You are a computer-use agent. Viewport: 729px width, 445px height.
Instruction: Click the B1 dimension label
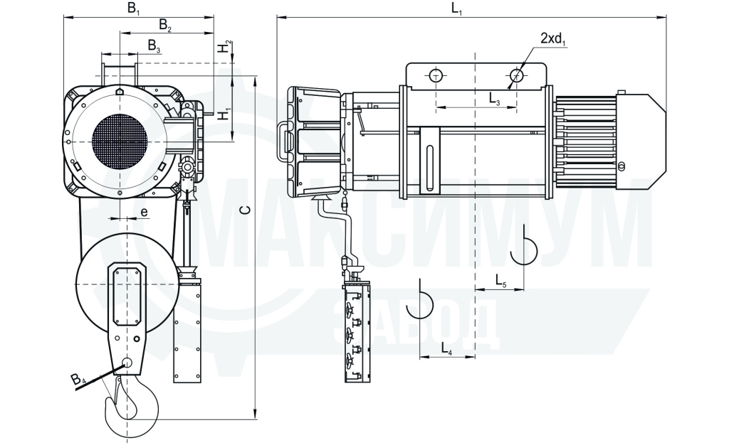(133, 9)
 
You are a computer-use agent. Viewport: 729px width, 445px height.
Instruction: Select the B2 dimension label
(165, 26)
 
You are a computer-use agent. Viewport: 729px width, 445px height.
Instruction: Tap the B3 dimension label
(154, 46)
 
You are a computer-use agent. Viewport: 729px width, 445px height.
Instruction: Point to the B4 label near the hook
(78, 379)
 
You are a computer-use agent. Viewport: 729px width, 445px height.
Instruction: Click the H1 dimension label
(224, 114)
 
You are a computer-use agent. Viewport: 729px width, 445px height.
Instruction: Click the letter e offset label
(144, 213)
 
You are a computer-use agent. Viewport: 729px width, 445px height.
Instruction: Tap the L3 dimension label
(494, 98)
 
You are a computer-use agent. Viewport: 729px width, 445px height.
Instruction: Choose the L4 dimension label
(446, 348)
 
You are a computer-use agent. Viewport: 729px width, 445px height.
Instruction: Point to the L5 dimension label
(500, 280)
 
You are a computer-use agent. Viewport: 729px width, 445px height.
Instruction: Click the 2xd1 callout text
(553, 39)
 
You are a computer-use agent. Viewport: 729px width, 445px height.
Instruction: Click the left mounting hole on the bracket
(436, 75)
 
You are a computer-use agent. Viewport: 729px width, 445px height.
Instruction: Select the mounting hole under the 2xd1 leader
(517, 75)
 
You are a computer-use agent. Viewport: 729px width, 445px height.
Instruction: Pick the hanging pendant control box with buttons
(357, 332)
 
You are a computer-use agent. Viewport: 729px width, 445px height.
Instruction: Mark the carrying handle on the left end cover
(283, 141)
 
